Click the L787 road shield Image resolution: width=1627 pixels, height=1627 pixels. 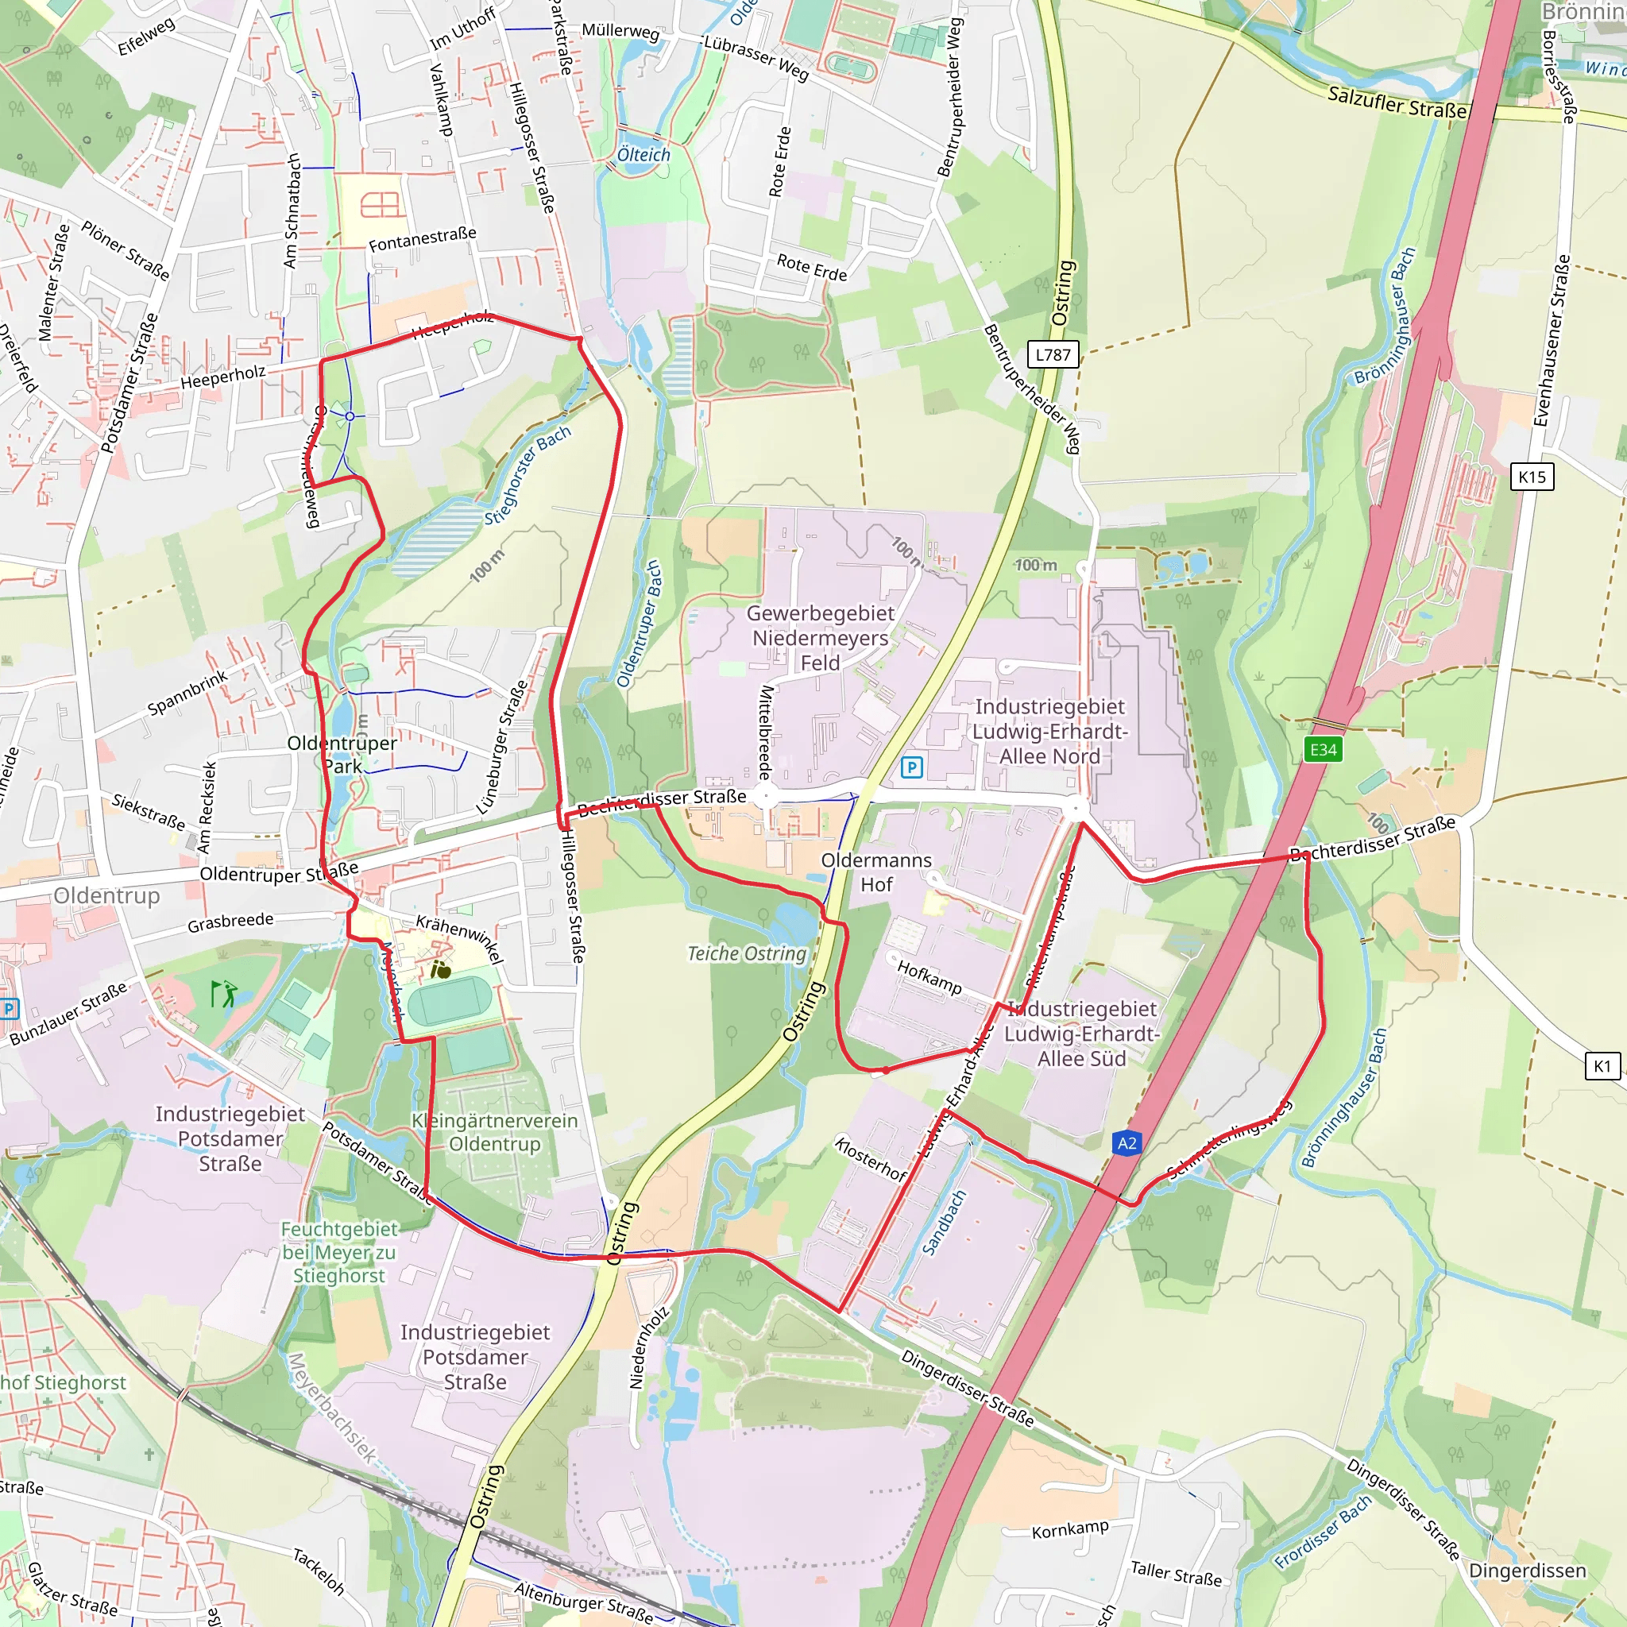[1053, 354]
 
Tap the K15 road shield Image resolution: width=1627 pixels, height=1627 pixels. [1532, 477]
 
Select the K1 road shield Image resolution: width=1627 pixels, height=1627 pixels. [1602, 1066]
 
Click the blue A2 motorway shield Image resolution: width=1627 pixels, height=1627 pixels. [1127, 1142]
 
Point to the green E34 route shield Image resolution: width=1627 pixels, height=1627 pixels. [1323, 749]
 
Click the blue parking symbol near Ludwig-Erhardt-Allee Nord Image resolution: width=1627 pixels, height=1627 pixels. [911, 767]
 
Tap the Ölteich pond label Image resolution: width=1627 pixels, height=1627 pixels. [643, 155]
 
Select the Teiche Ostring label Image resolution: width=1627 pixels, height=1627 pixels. [747, 953]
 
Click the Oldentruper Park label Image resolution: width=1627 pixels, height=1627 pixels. [342, 755]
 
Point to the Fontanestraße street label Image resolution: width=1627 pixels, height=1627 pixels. [423, 239]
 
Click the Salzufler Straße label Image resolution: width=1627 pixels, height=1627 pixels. [1397, 102]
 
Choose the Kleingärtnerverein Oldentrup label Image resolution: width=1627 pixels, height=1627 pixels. [494, 1132]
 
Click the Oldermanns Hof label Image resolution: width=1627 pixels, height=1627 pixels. [877, 871]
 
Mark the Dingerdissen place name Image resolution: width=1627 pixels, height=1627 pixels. [1527, 1571]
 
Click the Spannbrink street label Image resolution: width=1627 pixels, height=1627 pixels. [187, 692]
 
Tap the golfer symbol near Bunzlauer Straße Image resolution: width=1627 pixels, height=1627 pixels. [223, 995]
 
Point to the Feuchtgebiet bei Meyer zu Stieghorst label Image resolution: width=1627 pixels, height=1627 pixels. [338, 1252]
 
